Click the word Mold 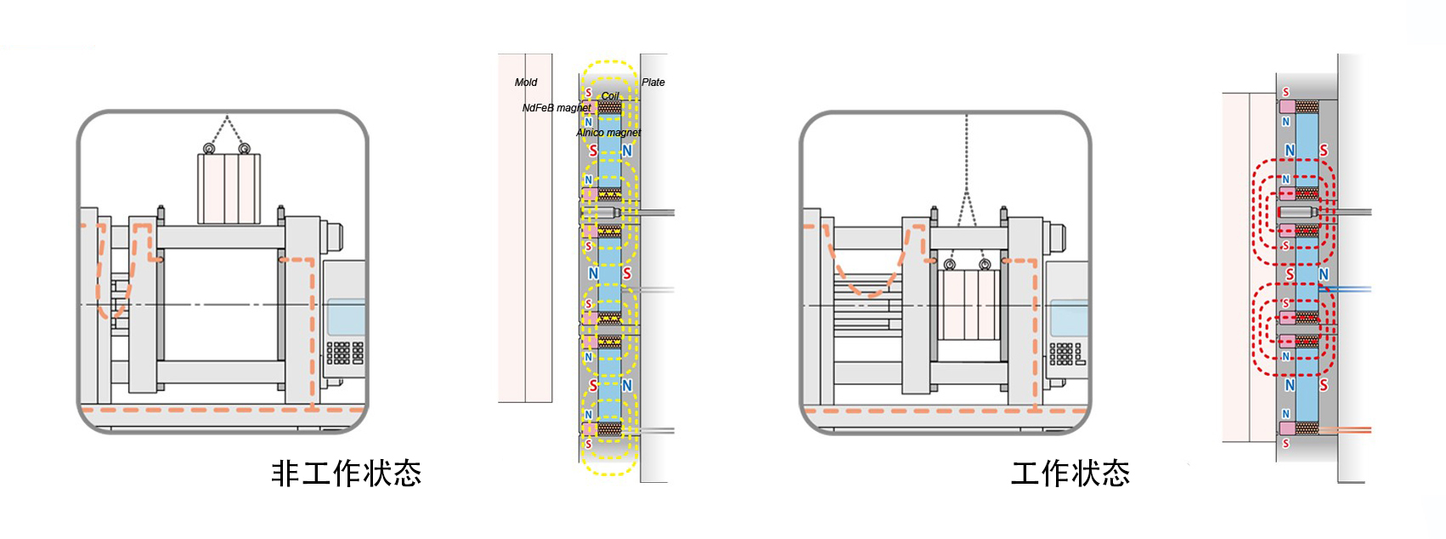(x=526, y=82)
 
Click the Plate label (x=653, y=82)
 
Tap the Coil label (x=610, y=96)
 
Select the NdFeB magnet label (x=556, y=108)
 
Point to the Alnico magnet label (x=608, y=133)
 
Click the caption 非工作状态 (x=346, y=474)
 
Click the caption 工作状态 (x=1070, y=474)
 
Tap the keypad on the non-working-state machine (x=344, y=352)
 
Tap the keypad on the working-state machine (x=1065, y=354)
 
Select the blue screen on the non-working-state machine (x=346, y=317)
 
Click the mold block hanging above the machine (x=229, y=189)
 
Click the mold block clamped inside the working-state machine (x=969, y=304)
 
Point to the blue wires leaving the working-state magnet (x=1347, y=290)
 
